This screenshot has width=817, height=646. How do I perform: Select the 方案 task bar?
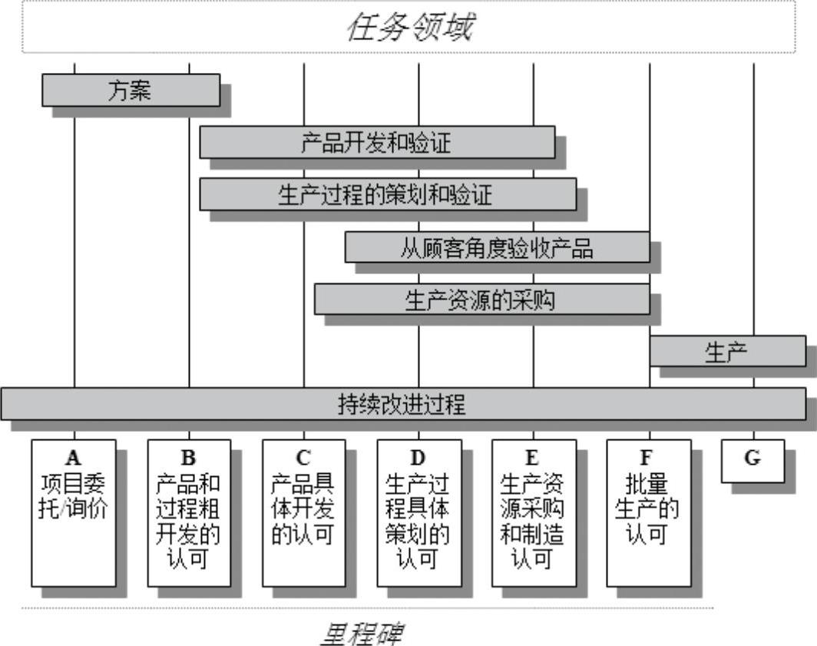(131, 90)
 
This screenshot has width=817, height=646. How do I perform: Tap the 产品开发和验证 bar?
(377, 142)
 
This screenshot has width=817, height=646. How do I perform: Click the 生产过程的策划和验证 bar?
(388, 194)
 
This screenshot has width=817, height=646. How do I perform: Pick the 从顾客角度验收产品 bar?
(497, 247)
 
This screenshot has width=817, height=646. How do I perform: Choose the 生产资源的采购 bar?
(481, 300)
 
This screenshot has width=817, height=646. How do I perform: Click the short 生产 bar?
(727, 351)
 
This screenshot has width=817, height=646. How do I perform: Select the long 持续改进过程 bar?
(402, 404)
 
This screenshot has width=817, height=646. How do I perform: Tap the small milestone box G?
(752, 460)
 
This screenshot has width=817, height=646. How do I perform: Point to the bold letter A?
(74, 459)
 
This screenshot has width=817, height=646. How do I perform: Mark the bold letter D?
(418, 459)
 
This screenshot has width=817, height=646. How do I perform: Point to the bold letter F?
(647, 459)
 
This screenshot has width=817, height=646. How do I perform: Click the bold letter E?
(533, 459)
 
